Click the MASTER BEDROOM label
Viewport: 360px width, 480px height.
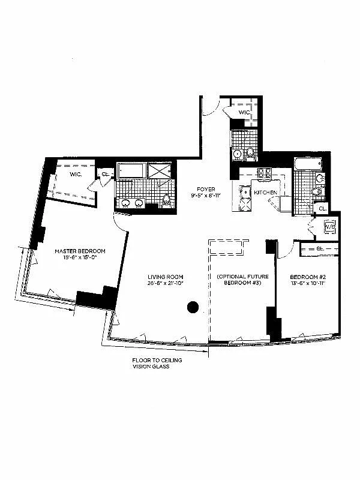[x=80, y=250]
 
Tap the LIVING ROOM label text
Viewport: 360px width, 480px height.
[x=165, y=277]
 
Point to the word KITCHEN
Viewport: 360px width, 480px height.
[x=265, y=193]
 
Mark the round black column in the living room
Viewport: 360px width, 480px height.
[x=192, y=307]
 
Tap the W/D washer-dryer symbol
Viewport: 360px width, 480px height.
[x=329, y=227]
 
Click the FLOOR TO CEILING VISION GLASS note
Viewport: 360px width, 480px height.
[x=151, y=363]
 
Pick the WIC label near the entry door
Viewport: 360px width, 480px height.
[x=244, y=112]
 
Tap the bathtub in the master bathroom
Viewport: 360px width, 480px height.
[x=131, y=171]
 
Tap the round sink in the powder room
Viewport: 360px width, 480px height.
[x=237, y=154]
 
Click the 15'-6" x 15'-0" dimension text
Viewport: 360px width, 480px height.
[x=80, y=258]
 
